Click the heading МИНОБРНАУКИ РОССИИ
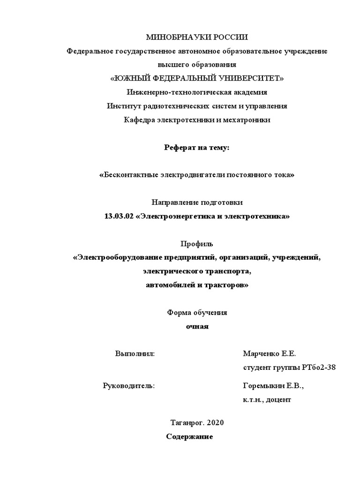coord(197,37)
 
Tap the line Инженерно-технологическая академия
coord(197,92)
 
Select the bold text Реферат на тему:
coord(197,148)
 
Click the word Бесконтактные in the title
coord(126,175)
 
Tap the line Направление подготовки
coord(197,202)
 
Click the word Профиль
coord(197,244)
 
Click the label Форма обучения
coord(197,313)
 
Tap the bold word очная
coord(197,327)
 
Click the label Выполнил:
coord(135,353)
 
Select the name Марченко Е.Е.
coord(270,353)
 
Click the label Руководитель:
coord(128,386)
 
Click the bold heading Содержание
coord(190,436)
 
